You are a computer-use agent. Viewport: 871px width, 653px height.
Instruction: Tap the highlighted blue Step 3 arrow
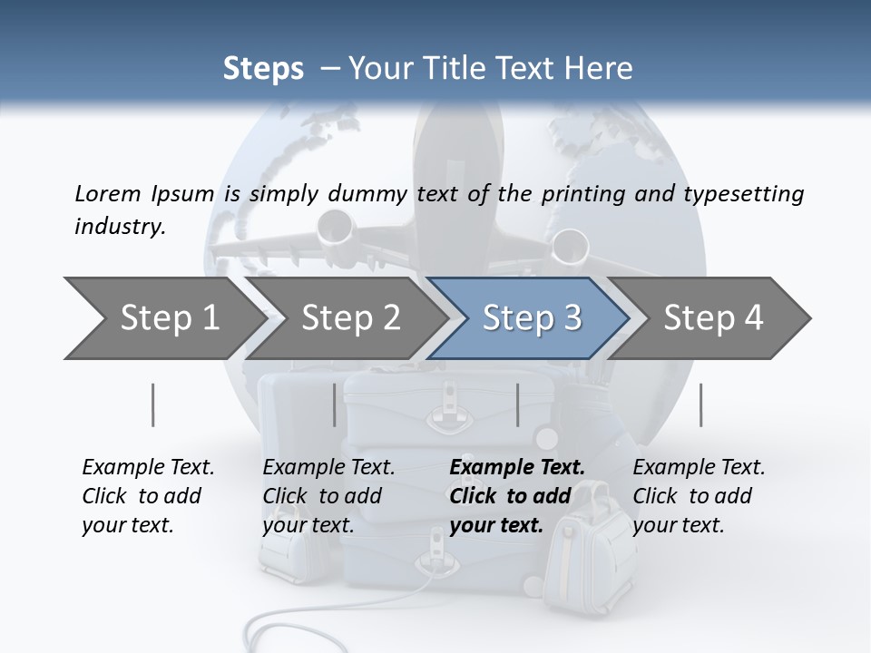(x=532, y=318)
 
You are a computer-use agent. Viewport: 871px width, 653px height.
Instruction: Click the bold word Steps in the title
(x=263, y=69)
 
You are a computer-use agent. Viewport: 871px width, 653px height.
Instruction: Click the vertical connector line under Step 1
(x=152, y=404)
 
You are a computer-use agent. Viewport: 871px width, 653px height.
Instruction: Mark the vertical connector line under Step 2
(x=335, y=404)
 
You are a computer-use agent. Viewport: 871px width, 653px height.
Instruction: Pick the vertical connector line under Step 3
(x=517, y=404)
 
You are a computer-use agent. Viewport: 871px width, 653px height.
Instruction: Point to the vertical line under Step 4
(x=700, y=404)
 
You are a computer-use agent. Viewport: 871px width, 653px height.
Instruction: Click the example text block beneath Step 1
(x=148, y=496)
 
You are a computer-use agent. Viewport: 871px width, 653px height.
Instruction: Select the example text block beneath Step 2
(x=328, y=496)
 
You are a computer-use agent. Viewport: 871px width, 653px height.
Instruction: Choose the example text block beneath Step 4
(x=699, y=496)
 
